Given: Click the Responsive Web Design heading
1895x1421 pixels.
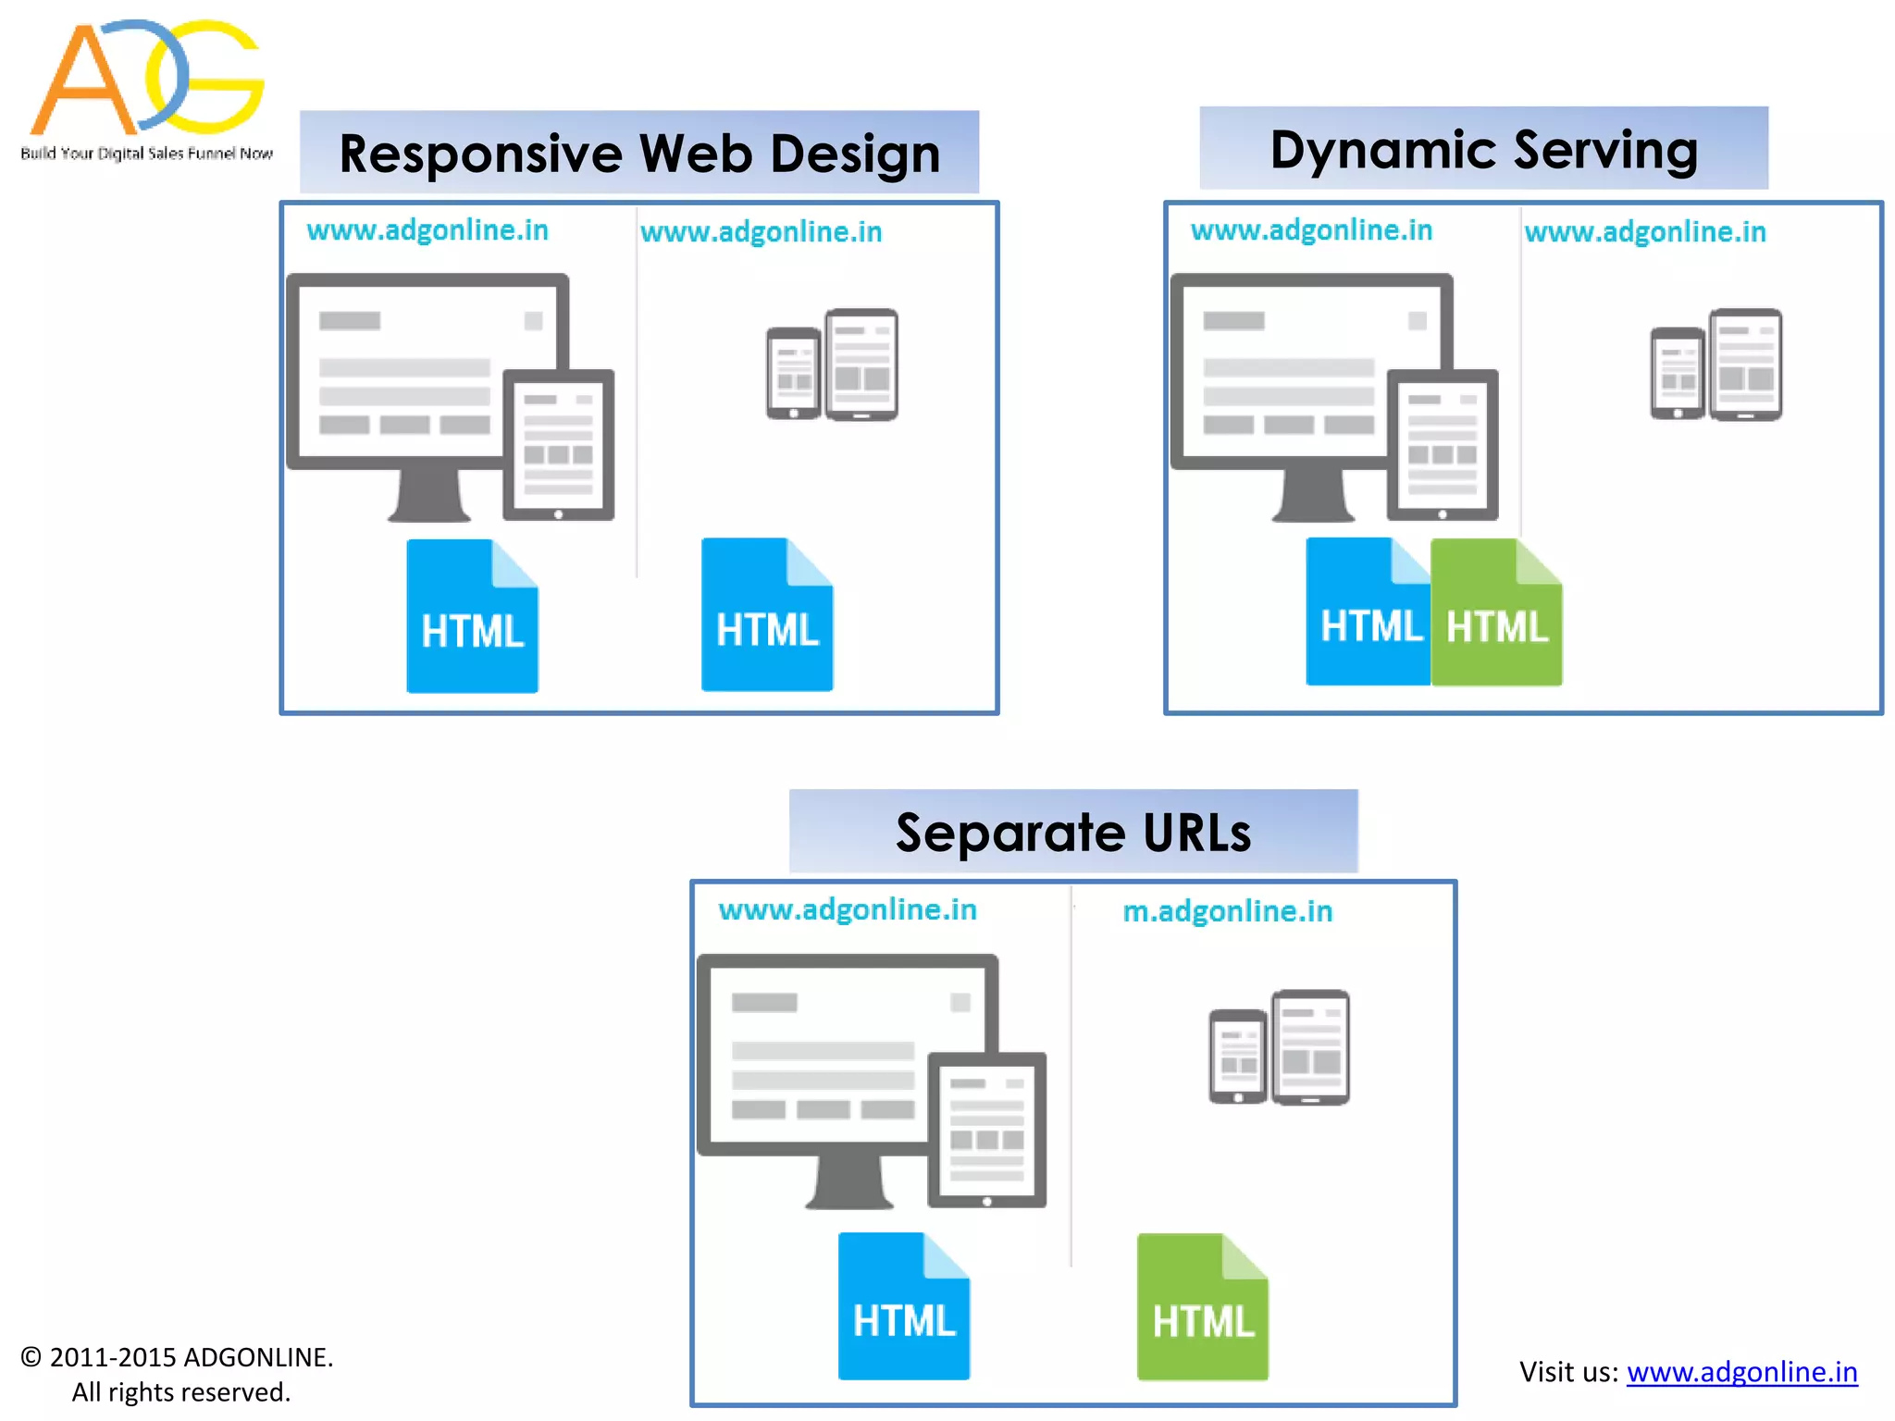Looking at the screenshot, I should (639, 153).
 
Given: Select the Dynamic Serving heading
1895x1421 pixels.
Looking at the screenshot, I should (1483, 149).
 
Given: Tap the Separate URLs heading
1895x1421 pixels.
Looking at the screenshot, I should (1072, 832).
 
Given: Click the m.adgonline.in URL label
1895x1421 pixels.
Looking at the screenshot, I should (1227, 911).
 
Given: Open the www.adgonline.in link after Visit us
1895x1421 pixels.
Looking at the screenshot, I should (1741, 1371).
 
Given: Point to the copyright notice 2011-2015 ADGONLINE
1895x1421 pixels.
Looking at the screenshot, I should (177, 1357).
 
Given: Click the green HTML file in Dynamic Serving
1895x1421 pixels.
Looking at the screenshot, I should (1496, 613).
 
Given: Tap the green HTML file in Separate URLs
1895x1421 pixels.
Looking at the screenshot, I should (1202, 1307).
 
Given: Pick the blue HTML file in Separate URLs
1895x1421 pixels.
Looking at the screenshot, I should (903, 1306).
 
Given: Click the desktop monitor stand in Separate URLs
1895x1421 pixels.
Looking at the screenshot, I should (848, 1183).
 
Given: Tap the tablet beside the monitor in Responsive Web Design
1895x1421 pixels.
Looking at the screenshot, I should (558, 445).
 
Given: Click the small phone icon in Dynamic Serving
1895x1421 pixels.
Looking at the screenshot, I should (1677, 373).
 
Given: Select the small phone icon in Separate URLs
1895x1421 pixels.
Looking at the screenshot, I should (1237, 1056).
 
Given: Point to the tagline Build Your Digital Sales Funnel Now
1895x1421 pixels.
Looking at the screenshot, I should (146, 154).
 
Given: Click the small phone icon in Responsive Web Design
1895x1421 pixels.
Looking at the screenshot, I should (793, 373).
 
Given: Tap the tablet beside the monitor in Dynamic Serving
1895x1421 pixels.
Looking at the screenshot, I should (1442, 445).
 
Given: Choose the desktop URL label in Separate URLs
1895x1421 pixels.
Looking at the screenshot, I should (848, 909).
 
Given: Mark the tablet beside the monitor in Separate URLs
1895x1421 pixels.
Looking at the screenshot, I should (986, 1130).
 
